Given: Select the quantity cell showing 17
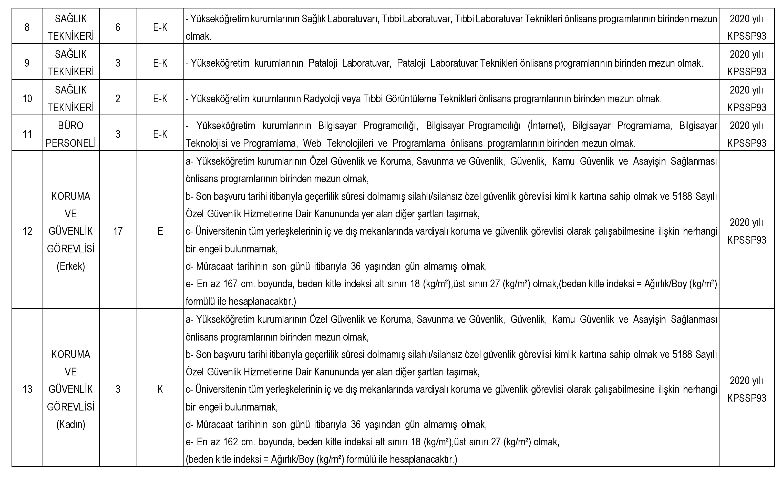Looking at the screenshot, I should pos(118,231).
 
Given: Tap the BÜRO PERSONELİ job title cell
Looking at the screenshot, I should pos(71,134).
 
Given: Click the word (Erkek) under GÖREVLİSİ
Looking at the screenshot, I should pos(71,266).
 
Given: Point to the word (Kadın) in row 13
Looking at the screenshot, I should pos(71,424).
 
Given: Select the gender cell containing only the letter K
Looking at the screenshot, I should pos(160,389).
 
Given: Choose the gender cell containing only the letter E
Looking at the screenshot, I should pos(160,231).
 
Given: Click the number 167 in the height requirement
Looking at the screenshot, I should pos(231,284).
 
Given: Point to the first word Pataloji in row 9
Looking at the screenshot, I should pos(323,63).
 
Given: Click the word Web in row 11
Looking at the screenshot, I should pos(312,143).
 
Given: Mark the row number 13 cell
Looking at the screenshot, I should pos(27,389).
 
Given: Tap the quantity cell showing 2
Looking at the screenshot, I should pos(118,99).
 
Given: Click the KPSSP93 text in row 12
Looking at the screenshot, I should pos(747,240).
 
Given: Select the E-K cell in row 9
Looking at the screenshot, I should pos(160,63).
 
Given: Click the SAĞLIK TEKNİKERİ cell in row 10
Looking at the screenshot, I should pos(71,99).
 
